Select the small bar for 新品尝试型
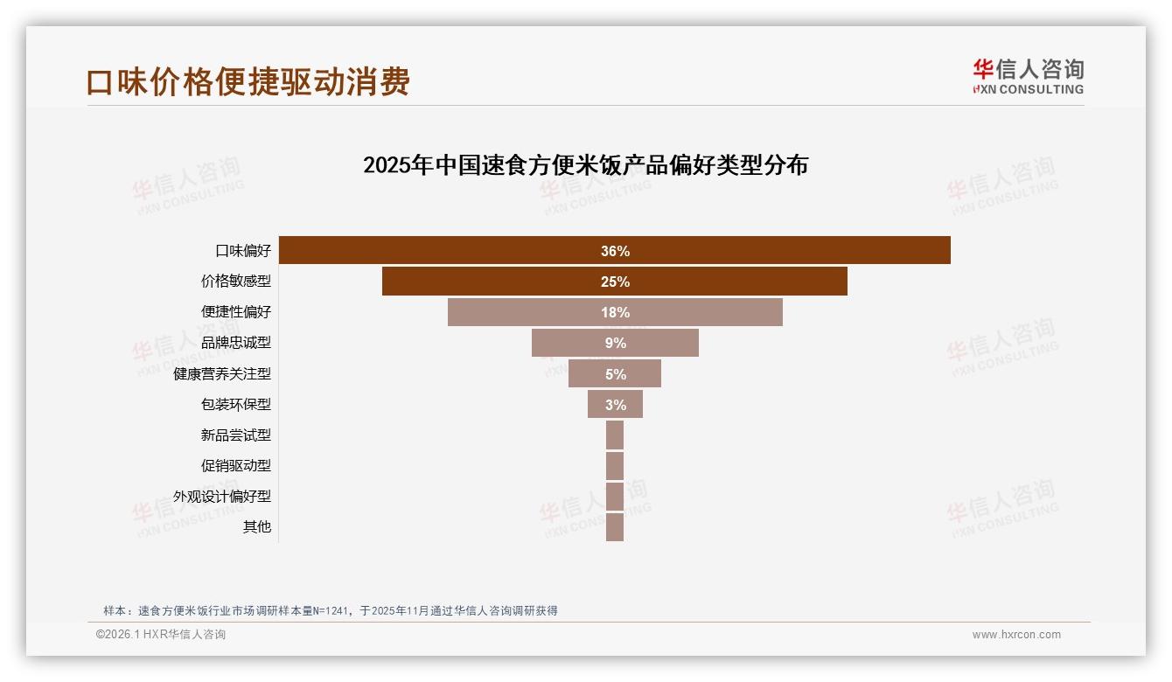[615, 435]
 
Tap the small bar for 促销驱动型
[615, 465]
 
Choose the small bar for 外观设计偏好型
[615, 496]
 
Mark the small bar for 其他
[615, 526]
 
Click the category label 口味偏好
[243, 251]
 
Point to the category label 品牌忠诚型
[236, 343]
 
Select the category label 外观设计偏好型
[222, 496]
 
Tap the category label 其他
[257, 526]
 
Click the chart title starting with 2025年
[585, 165]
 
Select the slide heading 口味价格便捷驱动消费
[248, 82]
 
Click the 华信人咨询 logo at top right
[1029, 77]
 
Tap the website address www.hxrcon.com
[1016, 635]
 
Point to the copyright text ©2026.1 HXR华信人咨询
[161, 635]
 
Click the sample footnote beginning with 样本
[331, 610]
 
